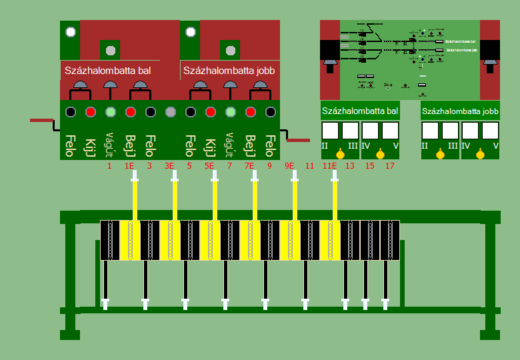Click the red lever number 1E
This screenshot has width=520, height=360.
tap(129, 165)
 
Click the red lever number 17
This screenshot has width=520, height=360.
tap(390, 165)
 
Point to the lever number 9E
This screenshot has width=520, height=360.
tap(289, 165)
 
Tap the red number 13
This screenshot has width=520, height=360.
tap(350, 165)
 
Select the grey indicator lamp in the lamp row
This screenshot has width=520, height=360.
tap(170, 112)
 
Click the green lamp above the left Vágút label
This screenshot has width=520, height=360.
tap(111, 112)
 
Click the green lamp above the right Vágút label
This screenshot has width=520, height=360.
tap(231, 112)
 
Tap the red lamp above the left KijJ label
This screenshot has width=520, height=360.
tap(91, 112)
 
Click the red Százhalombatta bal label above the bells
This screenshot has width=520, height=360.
tap(112, 70)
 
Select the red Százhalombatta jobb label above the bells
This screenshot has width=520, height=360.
tap(229, 70)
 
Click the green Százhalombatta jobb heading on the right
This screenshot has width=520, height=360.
tap(460, 111)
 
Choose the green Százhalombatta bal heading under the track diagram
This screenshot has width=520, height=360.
tap(360, 111)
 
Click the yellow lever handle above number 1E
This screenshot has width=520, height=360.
tap(135, 197)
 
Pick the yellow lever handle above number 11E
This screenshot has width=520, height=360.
tap(335, 197)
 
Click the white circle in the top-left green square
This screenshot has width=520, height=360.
tap(70, 31)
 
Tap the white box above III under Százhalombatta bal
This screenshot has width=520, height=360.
tap(351, 130)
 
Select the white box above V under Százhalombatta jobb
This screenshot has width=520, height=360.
tap(490, 130)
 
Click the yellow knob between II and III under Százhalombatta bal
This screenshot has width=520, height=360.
tap(340, 155)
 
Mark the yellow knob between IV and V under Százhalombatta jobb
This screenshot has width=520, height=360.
tap(480, 155)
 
